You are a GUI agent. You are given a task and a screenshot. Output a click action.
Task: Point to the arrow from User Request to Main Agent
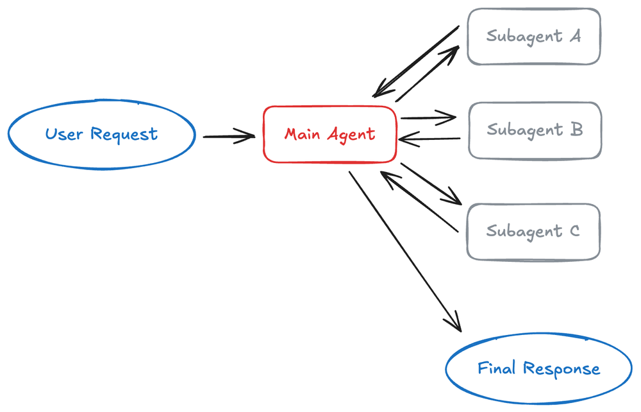pyautogui.click(x=228, y=136)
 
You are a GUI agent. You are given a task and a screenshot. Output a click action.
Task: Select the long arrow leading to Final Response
pyautogui.click(x=404, y=250)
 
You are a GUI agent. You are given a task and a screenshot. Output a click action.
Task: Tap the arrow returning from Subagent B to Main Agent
pyautogui.click(x=429, y=139)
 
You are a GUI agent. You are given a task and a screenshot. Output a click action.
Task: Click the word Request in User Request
pyautogui.click(x=124, y=135)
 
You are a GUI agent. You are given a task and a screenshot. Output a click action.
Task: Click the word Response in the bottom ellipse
pyautogui.click(x=562, y=369)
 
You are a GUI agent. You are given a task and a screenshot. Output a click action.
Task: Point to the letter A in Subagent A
pyautogui.click(x=574, y=36)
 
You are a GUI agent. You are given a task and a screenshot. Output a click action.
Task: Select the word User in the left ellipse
pyautogui.click(x=65, y=135)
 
